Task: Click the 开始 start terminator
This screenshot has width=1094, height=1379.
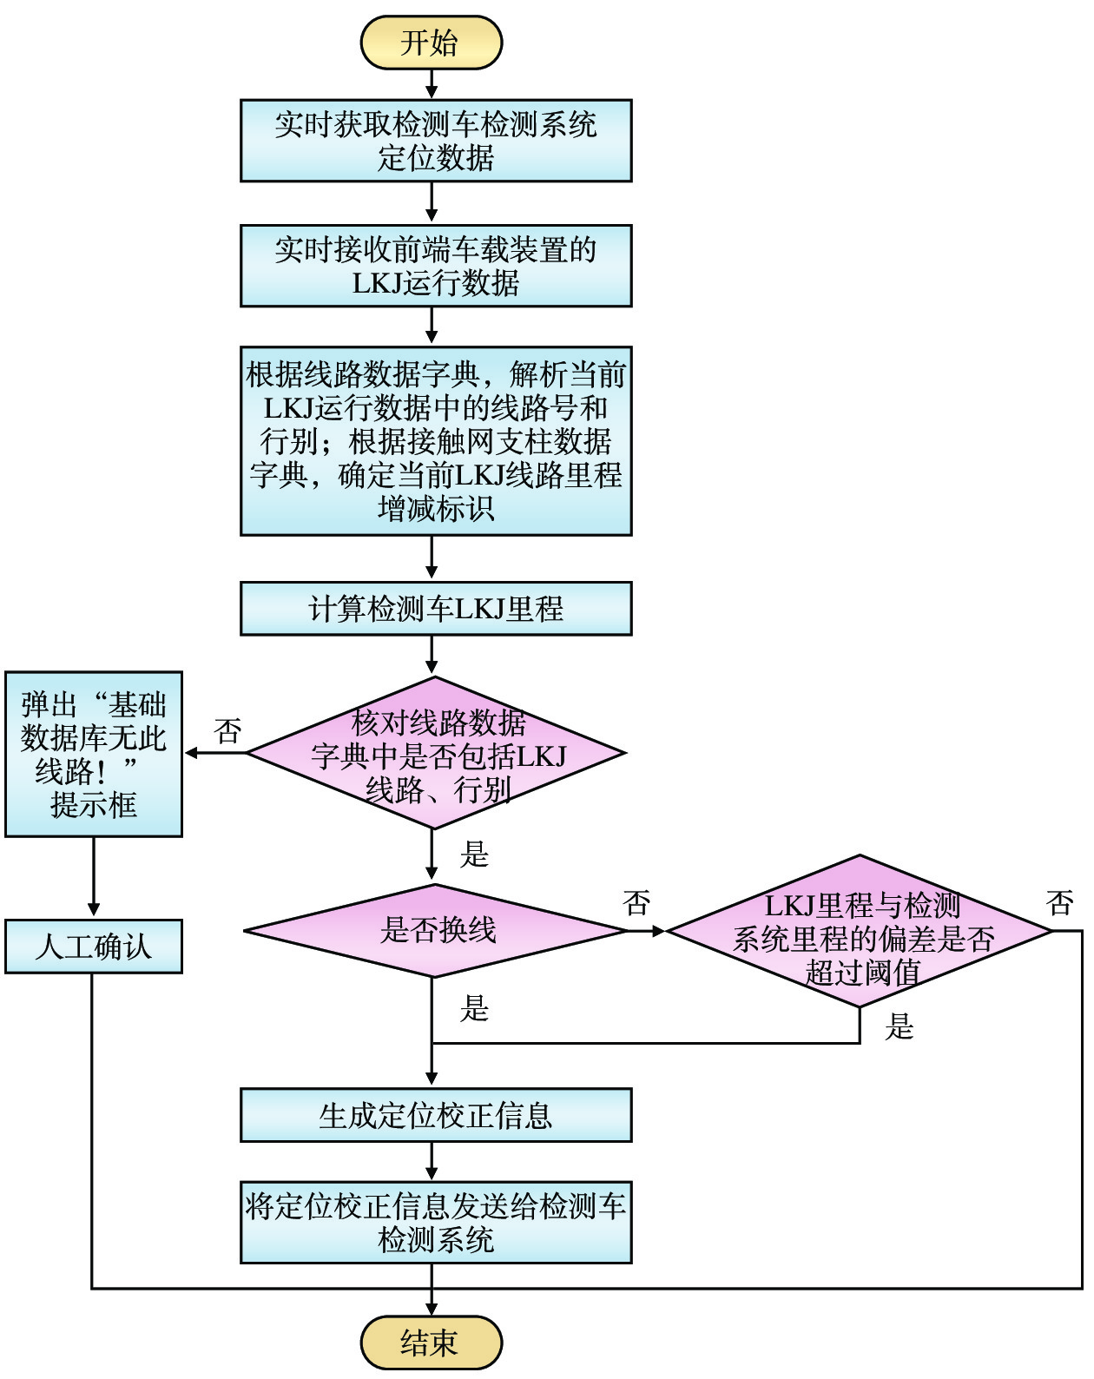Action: pos(432,43)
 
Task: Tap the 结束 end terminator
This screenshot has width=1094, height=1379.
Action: pos(432,1343)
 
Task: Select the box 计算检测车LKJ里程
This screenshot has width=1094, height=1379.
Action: pos(436,609)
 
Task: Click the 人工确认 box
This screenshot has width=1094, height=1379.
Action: pos(94,947)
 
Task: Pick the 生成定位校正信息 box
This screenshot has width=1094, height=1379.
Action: pos(436,1115)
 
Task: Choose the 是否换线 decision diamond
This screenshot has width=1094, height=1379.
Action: pos(436,931)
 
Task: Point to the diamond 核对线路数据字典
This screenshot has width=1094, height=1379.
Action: pos(436,754)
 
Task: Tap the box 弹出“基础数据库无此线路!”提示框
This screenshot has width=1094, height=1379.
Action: pos(94,754)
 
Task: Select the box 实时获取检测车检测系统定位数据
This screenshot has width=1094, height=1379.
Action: pos(436,141)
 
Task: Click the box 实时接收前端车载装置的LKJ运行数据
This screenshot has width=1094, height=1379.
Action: pos(436,266)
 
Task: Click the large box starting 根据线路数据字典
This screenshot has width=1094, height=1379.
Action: pos(436,441)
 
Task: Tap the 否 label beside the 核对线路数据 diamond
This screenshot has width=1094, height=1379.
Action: pos(228,731)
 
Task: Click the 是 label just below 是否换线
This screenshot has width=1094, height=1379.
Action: pos(475,1008)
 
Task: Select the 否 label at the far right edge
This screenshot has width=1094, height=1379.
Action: pos(1060,903)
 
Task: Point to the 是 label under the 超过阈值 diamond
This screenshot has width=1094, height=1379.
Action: pos(900,1027)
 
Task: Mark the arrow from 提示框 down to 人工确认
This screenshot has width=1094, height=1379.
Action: pos(94,878)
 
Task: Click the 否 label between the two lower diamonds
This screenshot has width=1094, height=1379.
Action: pos(636,903)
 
